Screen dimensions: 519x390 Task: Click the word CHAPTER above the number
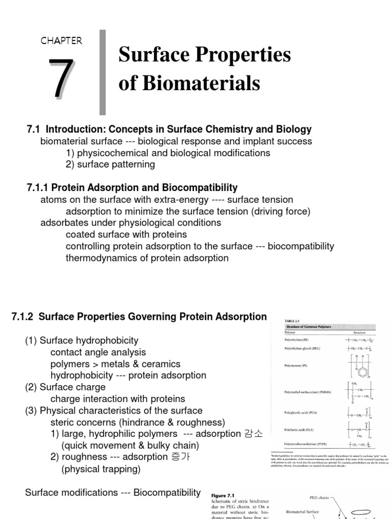(x=61, y=41)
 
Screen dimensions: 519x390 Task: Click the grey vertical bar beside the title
(x=103, y=72)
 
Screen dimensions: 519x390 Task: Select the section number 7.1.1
(x=38, y=188)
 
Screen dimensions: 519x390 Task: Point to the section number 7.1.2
(x=22, y=317)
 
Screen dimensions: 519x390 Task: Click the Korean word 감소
(x=252, y=433)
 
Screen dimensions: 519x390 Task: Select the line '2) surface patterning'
(x=110, y=164)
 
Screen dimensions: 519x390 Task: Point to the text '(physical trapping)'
(x=94, y=469)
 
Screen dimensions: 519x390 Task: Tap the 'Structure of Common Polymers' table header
(x=303, y=327)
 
